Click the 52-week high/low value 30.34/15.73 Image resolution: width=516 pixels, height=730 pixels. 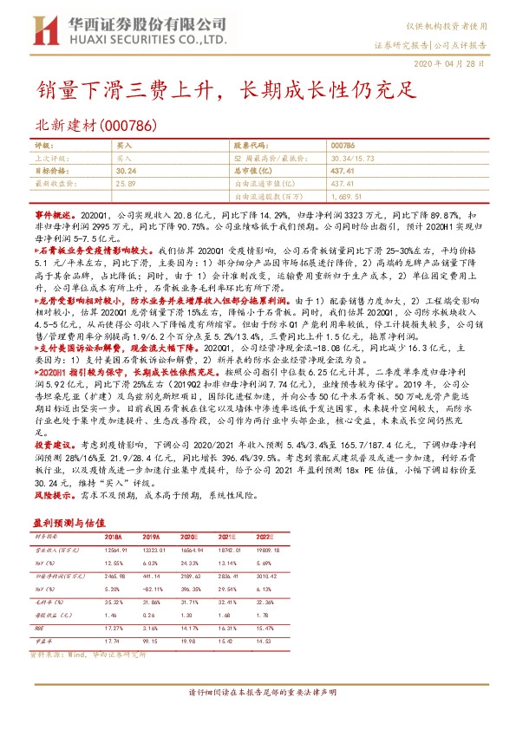[354, 159]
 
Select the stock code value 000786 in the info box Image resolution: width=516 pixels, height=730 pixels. [343, 147]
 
